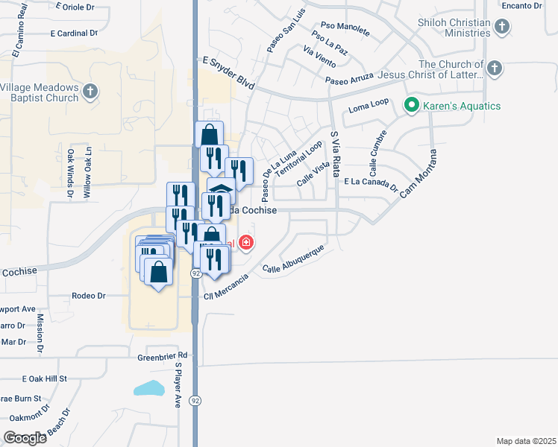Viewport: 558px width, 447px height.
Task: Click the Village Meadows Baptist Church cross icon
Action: (90, 92)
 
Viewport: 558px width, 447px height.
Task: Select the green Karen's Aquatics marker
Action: (410, 106)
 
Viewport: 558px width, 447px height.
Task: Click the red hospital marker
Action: (245, 243)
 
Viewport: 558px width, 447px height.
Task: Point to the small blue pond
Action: (149, 388)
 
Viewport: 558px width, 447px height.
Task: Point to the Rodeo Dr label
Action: (89, 296)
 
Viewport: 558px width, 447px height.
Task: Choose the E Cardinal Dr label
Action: (74, 34)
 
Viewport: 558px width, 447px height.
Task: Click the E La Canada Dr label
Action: (371, 182)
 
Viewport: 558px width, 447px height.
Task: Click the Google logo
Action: (25, 437)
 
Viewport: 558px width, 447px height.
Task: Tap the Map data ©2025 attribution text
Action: (526, 441)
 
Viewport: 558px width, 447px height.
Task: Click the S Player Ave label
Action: (178, 386)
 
